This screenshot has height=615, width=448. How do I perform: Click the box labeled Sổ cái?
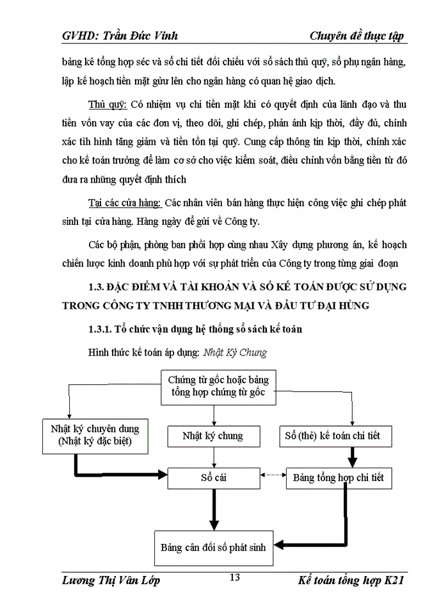point(214,478)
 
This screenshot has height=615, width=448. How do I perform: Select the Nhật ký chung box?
point(212,436)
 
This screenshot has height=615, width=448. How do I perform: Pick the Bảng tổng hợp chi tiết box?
point(338,478)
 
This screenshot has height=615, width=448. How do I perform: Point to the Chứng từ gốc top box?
point(214,386)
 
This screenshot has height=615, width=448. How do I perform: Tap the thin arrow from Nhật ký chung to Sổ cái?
point(214,457)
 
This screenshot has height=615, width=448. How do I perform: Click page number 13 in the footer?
point(234,578)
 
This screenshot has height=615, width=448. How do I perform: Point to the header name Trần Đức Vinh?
point(137,35)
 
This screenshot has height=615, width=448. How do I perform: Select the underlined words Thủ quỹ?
point(108,104)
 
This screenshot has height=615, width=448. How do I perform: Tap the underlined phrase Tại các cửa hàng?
point(124,203)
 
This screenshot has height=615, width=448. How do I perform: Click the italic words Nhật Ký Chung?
point(234,352)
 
